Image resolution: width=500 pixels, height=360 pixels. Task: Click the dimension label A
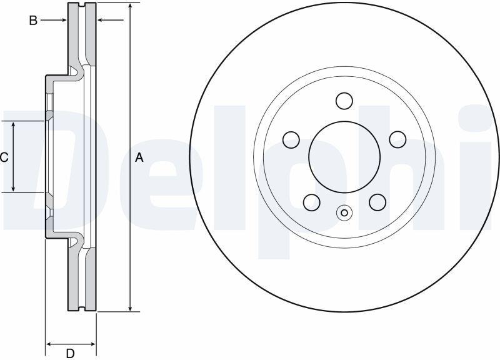coord(139,157)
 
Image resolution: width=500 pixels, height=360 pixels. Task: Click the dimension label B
coord(33,21)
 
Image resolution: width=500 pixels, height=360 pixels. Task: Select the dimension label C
coord(4,157)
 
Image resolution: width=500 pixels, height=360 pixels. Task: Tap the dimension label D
coord(70,353)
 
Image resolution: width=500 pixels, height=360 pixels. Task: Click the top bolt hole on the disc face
coord(344,101)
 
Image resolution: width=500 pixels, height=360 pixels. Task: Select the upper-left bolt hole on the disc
coord(291,139)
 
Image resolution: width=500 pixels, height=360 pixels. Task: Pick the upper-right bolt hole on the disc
coord(397,139)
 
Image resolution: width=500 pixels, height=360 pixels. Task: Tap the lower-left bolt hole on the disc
coord(311,202)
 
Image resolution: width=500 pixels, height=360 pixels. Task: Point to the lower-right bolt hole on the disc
coord(377,202)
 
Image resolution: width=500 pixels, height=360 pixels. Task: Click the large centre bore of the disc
coord(344,157)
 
